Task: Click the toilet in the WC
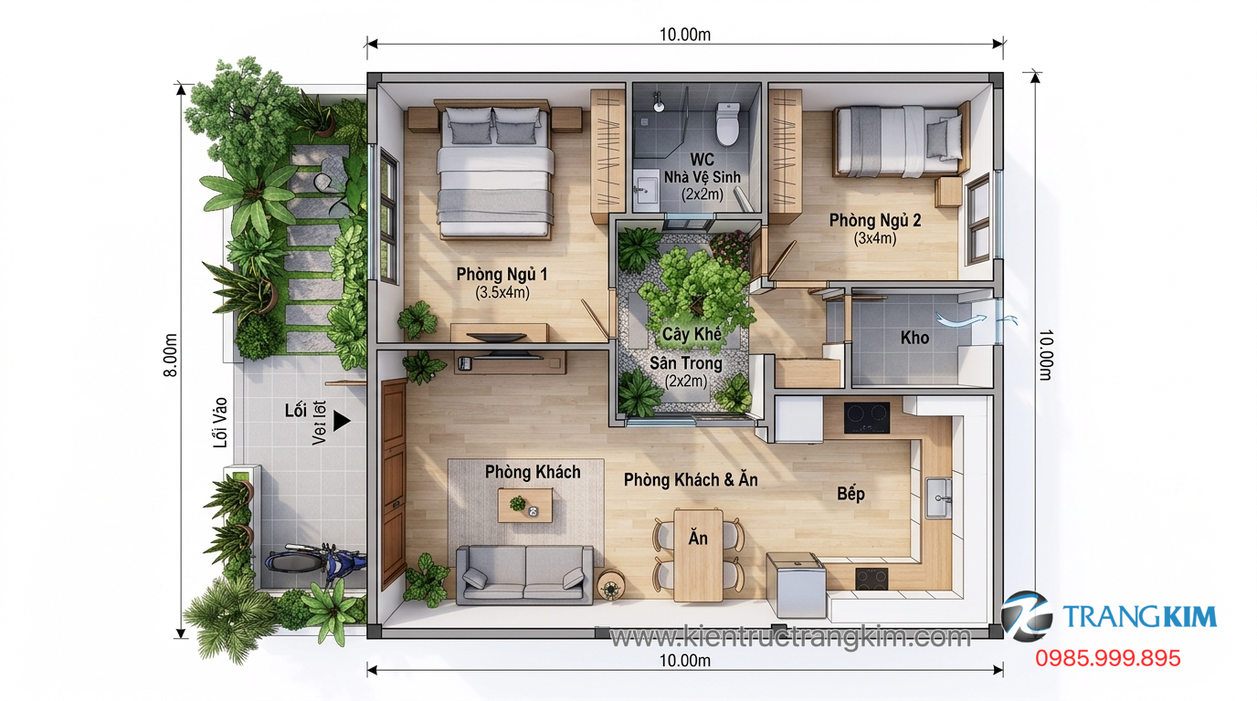[x=727, y=126]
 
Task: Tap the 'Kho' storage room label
[x=914, y=338]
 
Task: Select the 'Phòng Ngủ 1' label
[x=502, y=274]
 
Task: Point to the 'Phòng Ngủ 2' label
[x=874, y=220]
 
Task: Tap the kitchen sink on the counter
[x=939, y=497]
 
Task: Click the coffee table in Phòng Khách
[x=525, y=505]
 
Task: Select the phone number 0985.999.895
[x=1107, y=658]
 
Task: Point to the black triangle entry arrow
[x=342, y=421]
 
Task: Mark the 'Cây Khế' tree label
[x=692, y=334]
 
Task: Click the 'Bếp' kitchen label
[x=850, y=494]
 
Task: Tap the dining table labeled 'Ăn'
[x=698, y=554]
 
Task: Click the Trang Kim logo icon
[x=1026, y=616]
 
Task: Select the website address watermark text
[x=789, y=636]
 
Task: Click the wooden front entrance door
[x=394, y=484]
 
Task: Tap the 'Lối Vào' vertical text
[x=218, y=425]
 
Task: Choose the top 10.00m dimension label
[x=685, y=35]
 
